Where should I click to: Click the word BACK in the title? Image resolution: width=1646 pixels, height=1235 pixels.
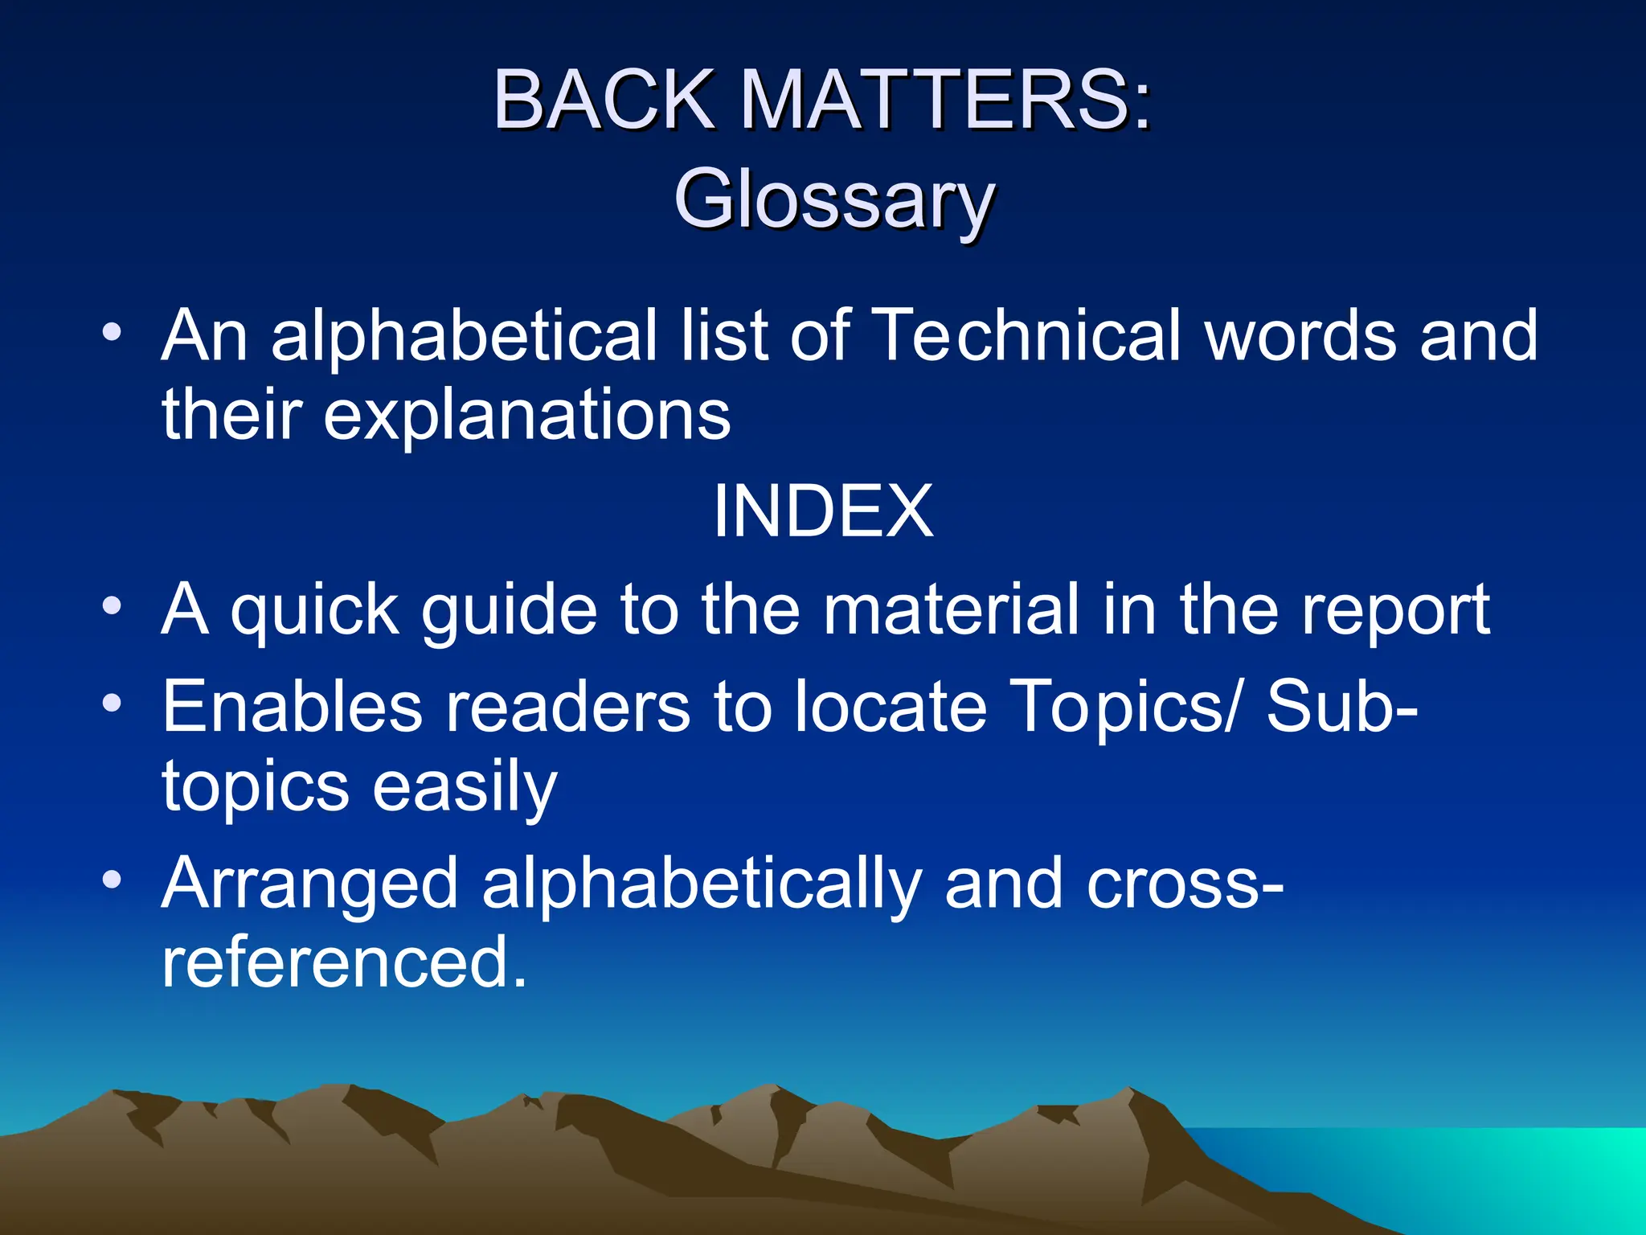[x=603, y=100]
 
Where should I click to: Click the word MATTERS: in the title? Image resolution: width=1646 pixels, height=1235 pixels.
[x=945, y=100]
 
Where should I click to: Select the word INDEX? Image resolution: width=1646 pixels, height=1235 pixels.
[x=823, y=511]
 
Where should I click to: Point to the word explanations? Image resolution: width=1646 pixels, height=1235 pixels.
[x=527, y=416]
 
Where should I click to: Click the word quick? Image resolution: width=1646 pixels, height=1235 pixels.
[x=314, y=611]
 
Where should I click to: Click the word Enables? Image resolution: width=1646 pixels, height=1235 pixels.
[x=293, y=708]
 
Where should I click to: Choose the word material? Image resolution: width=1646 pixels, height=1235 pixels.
[x=952, y=611]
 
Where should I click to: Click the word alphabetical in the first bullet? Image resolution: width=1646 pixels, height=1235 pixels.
[x=464, y=335]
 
